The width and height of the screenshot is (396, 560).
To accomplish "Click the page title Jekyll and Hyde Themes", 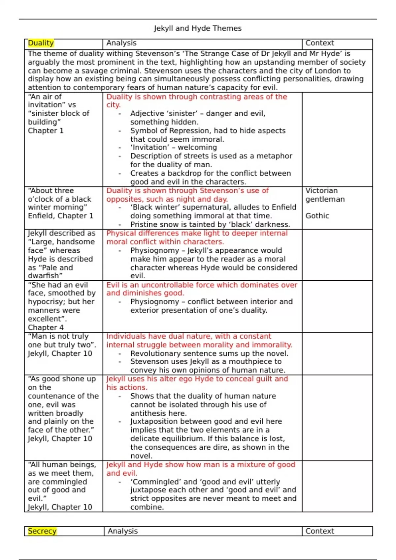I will click(198, 28).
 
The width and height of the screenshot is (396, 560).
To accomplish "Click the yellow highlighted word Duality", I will click(41, 43).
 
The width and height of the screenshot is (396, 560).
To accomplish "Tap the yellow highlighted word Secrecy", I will click(42, 531).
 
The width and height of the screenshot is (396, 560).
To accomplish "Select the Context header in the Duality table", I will click(319, 43).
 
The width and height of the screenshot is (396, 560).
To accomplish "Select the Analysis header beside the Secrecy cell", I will click(122, 531).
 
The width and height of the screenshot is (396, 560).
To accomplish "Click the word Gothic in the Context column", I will click(317, 216).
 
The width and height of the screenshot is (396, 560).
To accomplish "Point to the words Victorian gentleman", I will click(325, 195).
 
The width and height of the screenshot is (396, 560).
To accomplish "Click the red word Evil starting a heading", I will click(113, 285).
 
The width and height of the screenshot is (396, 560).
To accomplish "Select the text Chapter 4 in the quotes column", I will click(46, 327).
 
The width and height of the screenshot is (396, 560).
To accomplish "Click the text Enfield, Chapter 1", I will click(60, 216).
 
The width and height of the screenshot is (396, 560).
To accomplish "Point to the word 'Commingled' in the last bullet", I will click(155, 482).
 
